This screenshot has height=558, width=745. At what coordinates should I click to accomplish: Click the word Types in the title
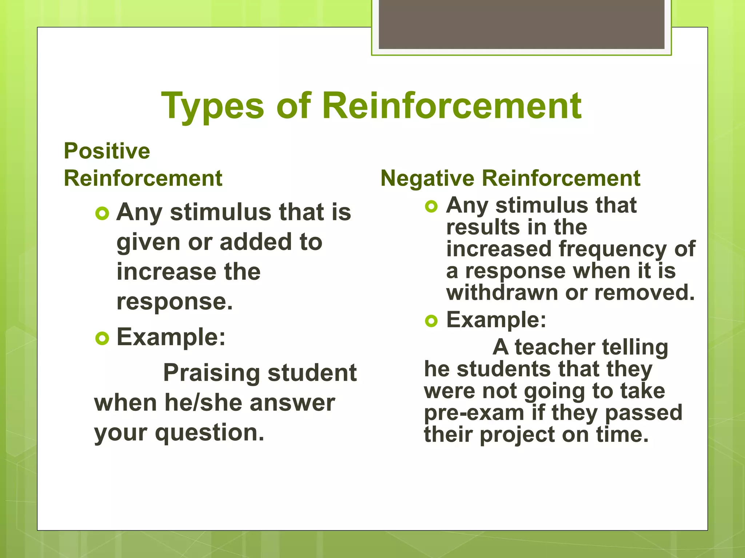coord(212,106)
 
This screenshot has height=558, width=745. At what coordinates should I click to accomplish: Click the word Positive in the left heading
coord(107,151)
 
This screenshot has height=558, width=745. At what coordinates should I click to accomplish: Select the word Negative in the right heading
coord(427,178)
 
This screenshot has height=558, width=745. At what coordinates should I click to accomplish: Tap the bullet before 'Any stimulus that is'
coord(102,214)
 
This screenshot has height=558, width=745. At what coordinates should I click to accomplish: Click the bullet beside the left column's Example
coord(102,339)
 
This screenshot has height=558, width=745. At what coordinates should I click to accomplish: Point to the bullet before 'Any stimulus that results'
coord(431,207)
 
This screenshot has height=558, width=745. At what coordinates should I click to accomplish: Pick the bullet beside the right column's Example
coord(431,321)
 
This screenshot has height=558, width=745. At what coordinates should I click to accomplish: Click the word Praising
coord(212,373)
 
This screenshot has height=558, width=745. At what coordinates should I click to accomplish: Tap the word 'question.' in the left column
coord(210,433)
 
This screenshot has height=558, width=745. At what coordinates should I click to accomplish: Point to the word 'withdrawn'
coord(502,293)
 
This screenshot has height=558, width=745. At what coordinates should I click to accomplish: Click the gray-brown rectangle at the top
coord(521,25)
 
